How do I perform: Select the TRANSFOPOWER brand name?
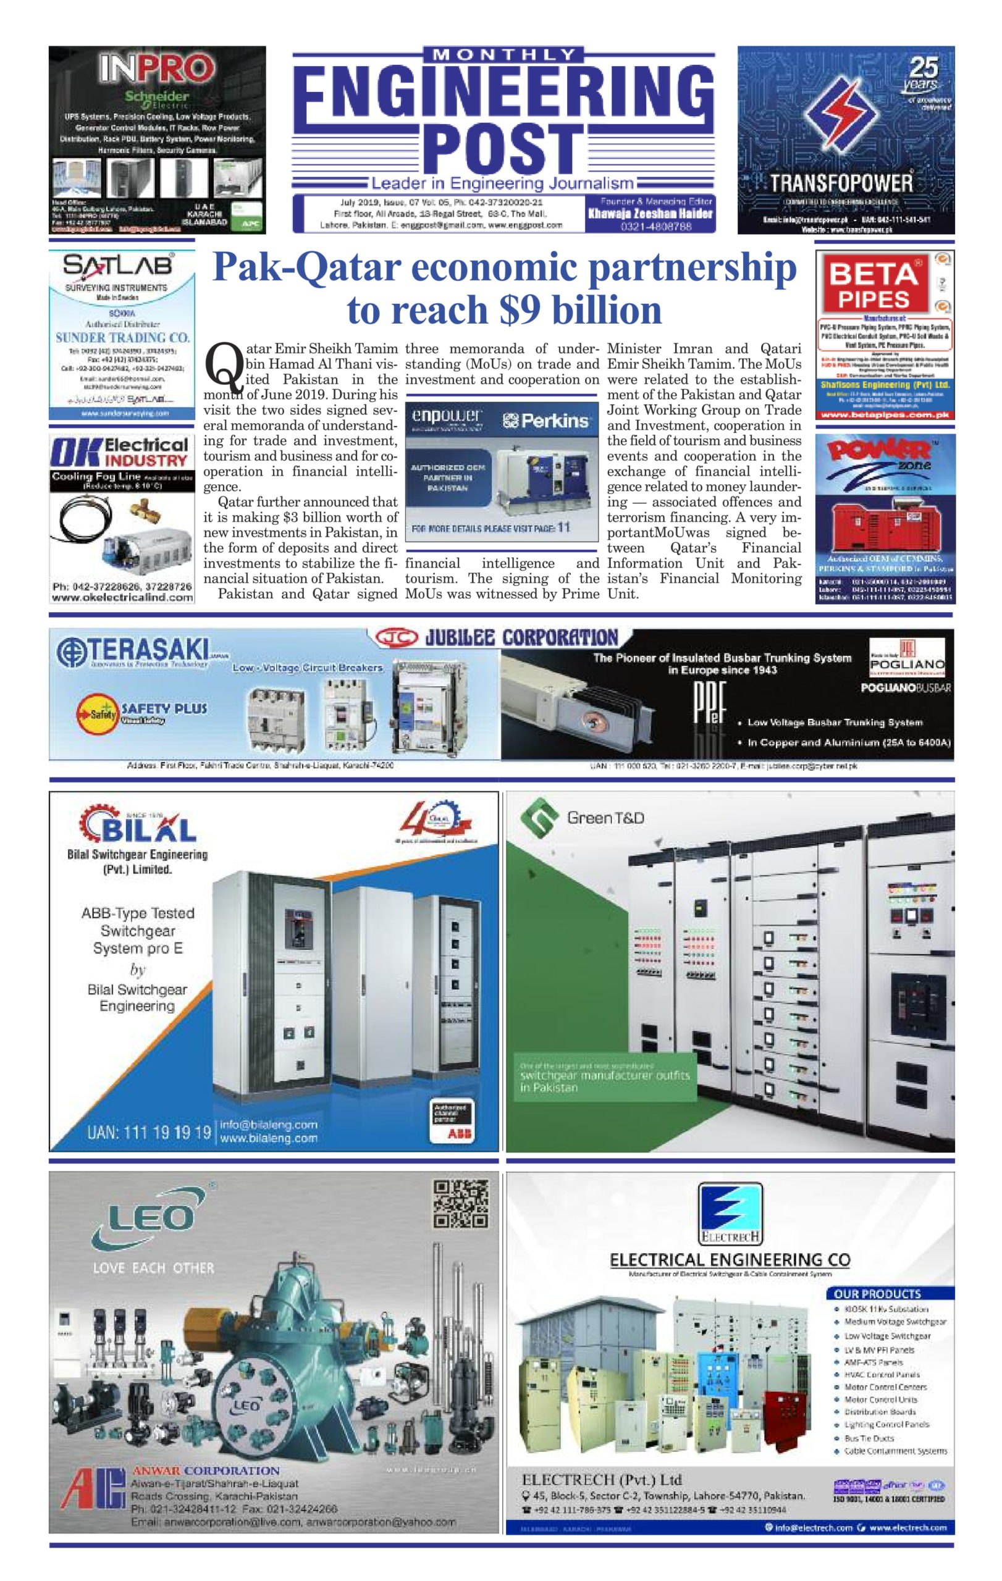[841, 182]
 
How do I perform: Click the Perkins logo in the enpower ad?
[545, 420]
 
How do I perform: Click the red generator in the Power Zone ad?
[885, 522]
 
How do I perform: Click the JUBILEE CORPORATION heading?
[521, 637]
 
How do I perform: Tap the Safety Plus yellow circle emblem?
[97, 713]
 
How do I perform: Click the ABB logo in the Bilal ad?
[460, 1133]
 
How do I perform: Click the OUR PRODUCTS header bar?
[889, 1293]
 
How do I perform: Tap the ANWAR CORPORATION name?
[206, 1470]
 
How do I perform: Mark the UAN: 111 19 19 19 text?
[148, 1132]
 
